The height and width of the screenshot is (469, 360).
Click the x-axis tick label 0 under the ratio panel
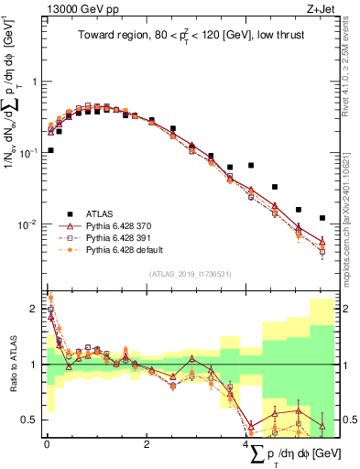pyautogui.click(x=47, y=444)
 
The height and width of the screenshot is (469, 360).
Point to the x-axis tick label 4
pyautogui.click(x=245, y=444)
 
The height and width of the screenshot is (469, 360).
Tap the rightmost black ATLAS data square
pyautogui.click(x=322, y=218)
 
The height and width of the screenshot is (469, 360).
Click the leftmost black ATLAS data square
pyautogui.click(x=50, y=150)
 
